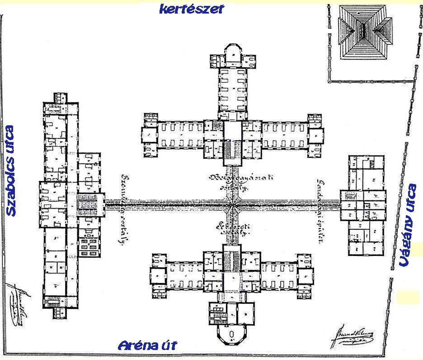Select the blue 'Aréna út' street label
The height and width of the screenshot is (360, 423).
pos(147,346)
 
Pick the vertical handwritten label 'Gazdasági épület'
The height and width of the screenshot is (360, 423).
pos(319,211)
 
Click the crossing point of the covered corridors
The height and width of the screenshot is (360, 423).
pos(233,206)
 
